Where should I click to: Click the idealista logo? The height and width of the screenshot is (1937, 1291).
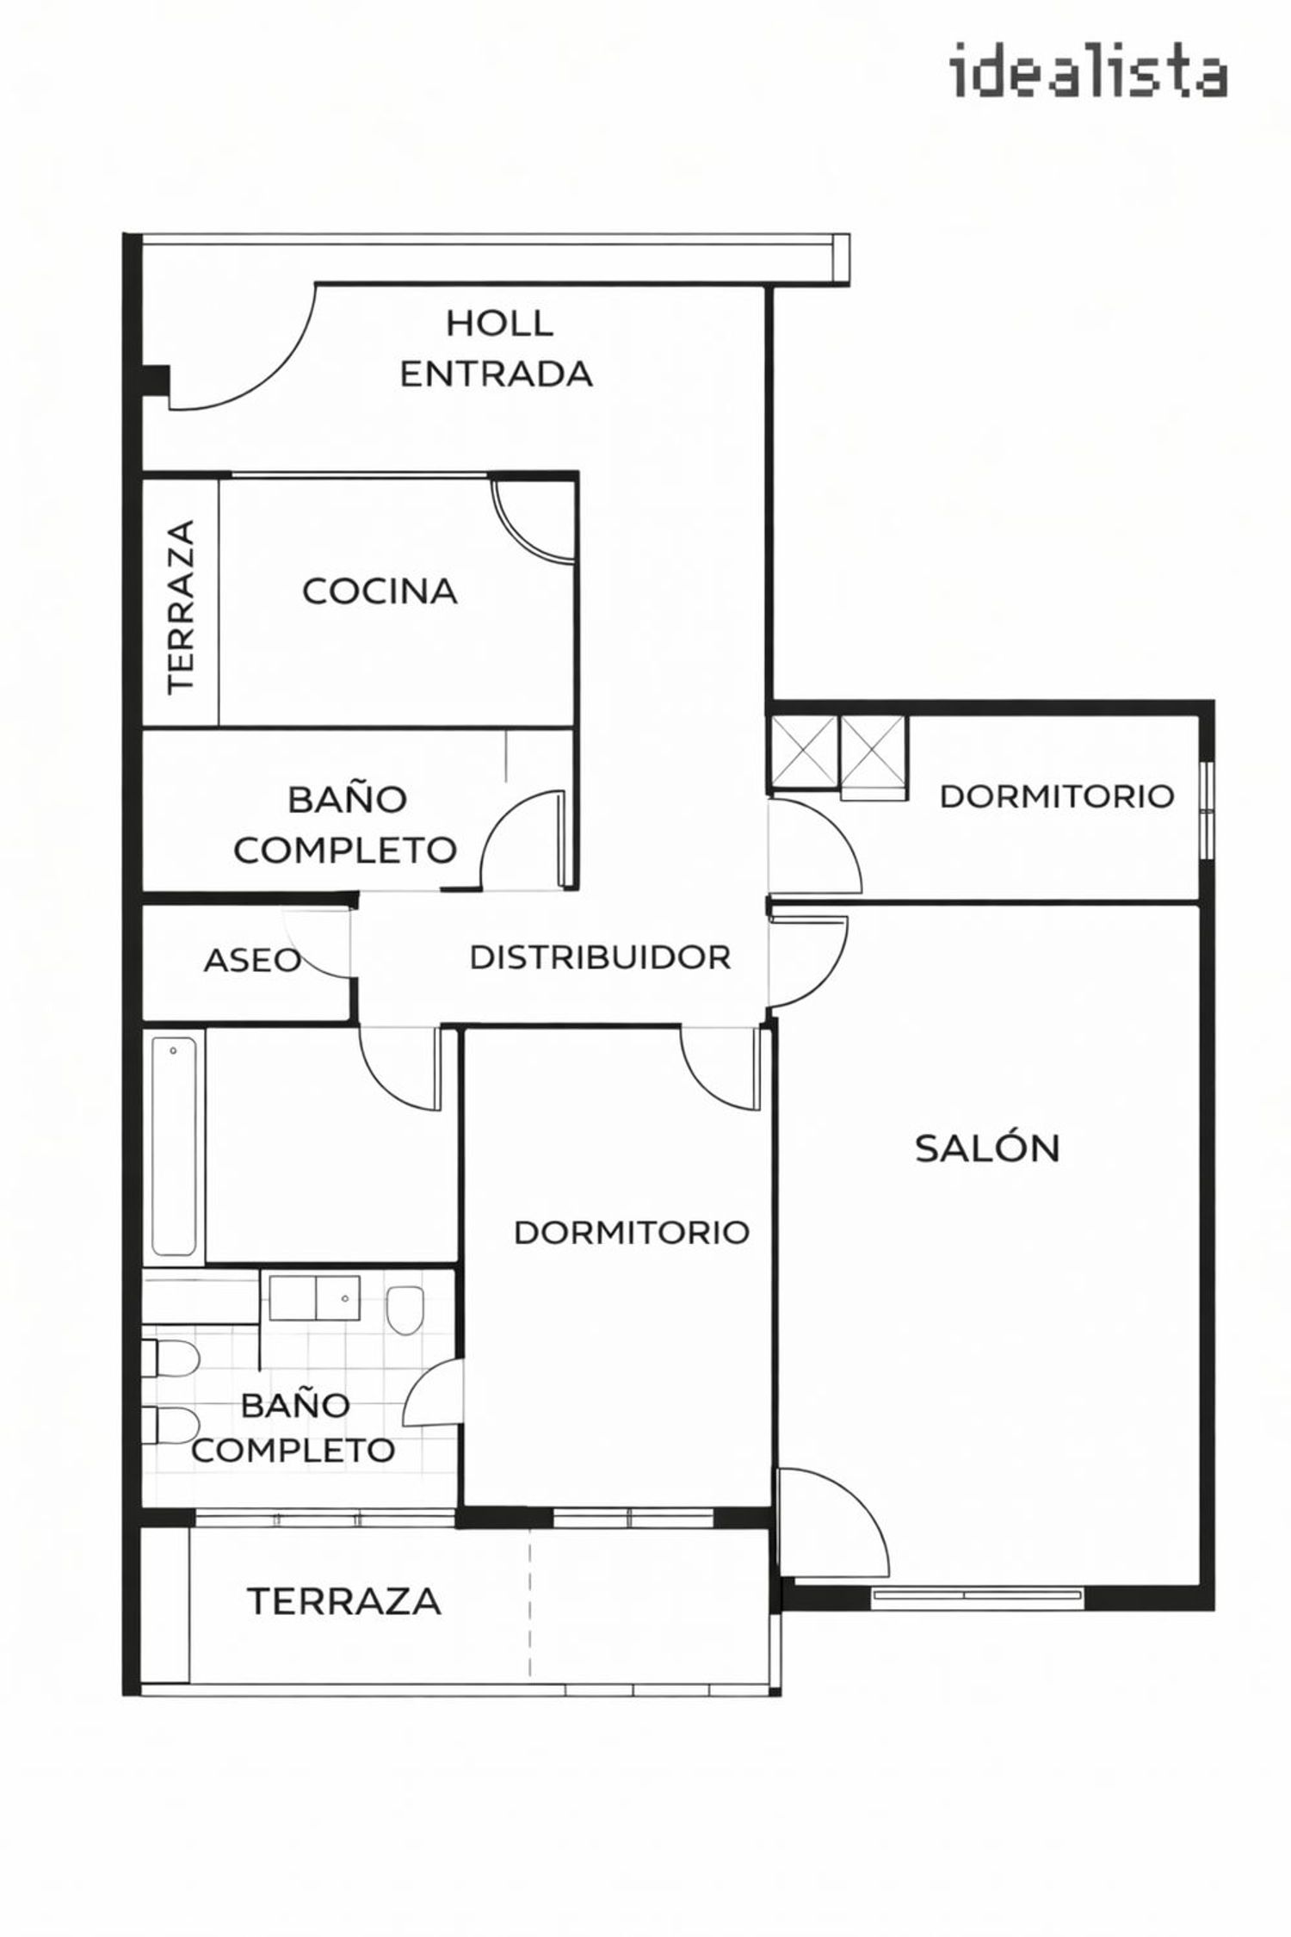(x=1089, y=72)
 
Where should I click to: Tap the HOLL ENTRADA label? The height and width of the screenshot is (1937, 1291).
(x=497, y=349)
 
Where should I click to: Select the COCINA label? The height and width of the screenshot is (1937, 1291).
(x=380, y=591)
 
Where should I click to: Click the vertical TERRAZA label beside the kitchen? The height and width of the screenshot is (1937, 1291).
(x=182, y=606)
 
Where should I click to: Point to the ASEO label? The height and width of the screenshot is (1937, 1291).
(x=252, y=961)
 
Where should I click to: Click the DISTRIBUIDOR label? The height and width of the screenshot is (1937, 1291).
(x=600, y=957)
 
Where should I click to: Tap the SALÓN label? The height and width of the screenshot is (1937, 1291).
(x=987, y=1148)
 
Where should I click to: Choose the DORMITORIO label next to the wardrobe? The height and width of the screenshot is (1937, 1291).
(x=1057, y=796)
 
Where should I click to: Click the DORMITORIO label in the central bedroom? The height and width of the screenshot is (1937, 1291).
(x=632, y=1233)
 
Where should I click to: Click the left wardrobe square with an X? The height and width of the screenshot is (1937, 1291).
(x=804, y=752)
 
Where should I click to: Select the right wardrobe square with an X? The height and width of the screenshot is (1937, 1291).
(x=874, y=752)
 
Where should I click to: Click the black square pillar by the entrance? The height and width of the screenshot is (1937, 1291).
(x=156, y=380)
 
